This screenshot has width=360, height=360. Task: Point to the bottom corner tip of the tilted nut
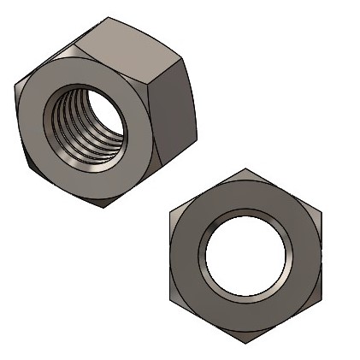click(x=107, y=208)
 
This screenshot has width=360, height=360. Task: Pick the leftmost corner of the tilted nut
click(x=15, y=86)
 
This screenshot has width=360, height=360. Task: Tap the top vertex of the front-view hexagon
click(x=245, y=168)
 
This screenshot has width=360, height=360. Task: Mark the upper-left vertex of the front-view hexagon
click(x=169, y=212)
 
